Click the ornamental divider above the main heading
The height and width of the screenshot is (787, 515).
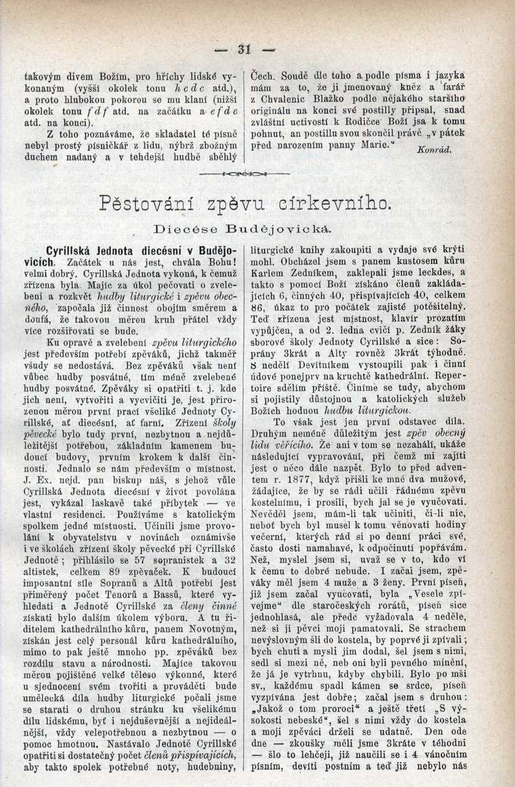pyautogui.click(x=245, y=174)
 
